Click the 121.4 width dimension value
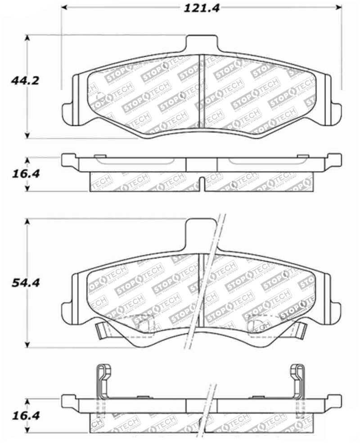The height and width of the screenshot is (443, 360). [201, 8]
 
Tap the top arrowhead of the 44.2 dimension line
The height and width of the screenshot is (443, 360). [28, 38]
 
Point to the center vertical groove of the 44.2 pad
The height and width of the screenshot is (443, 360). [201, 90]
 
